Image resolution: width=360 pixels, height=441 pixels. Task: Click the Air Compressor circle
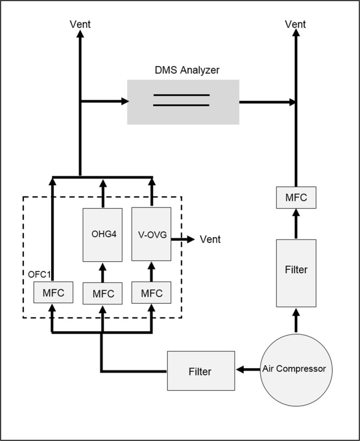click(x=294, y=369)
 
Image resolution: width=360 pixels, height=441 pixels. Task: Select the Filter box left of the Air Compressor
click(x=200, y=371)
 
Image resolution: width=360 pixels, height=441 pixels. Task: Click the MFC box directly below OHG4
click(x=103, y=294)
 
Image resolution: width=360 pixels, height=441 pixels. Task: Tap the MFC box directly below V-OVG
click(x=151, y=293)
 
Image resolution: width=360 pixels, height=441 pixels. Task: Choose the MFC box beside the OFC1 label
click(x=52, y=293)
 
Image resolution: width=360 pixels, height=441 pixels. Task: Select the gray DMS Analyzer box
click(x=182, y=102)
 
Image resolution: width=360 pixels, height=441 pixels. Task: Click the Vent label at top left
click(x=80, y=24)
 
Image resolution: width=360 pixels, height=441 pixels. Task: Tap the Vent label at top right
click(x=296, y=24)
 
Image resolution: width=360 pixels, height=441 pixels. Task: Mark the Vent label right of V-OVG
click(x=211, y=239)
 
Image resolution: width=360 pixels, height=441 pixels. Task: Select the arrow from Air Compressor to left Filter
click(x=247, y=369)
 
